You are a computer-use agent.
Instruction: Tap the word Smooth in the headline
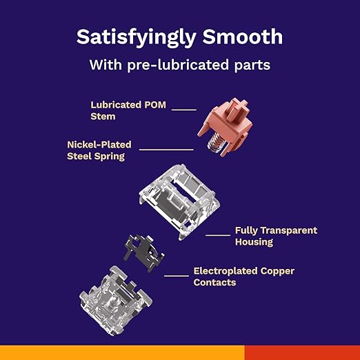(243, 37)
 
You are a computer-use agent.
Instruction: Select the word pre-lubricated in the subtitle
(178, 65)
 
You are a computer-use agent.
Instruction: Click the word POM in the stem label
(155, 105)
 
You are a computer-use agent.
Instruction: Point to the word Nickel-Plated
(99, 145)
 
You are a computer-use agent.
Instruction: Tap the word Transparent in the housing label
(289, 230)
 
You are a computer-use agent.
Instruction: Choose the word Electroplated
(226, 271)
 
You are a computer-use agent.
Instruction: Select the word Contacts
(214, 283)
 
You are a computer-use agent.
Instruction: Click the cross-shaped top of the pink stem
(239, 108)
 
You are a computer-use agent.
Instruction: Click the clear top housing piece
(179, 201)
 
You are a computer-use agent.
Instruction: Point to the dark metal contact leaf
(143, 252)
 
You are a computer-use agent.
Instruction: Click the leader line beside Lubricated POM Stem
(184, 110)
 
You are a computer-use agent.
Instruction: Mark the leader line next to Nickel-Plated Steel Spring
(166, 150)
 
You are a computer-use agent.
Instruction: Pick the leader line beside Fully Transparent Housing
(218, 235)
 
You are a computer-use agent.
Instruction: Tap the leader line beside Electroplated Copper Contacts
(177, 276)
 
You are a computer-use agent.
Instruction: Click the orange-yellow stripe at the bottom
(122, 352)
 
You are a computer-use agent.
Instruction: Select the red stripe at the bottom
(302, 352)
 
